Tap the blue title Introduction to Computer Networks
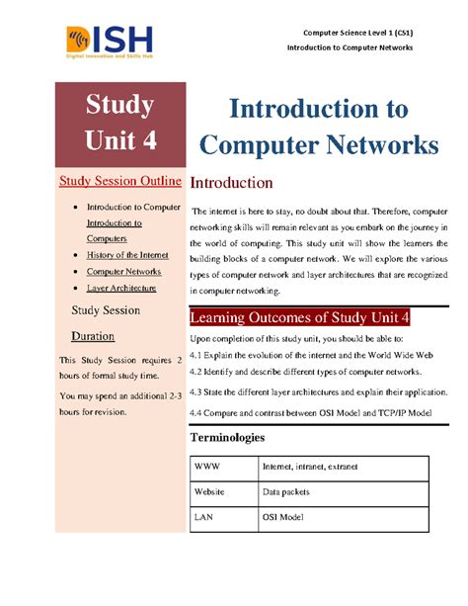pyautogui.click(x=320, y=127)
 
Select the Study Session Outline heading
pyautogui.click(x=119, y=181)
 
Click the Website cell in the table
pyautogui.click(x=210, y=490)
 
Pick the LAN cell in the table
pyautogui.click(x=204, y=515)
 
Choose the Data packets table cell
pyautogui.click(x=286, y=490)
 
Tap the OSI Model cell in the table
pyautogui.click(x=283, y=515)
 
